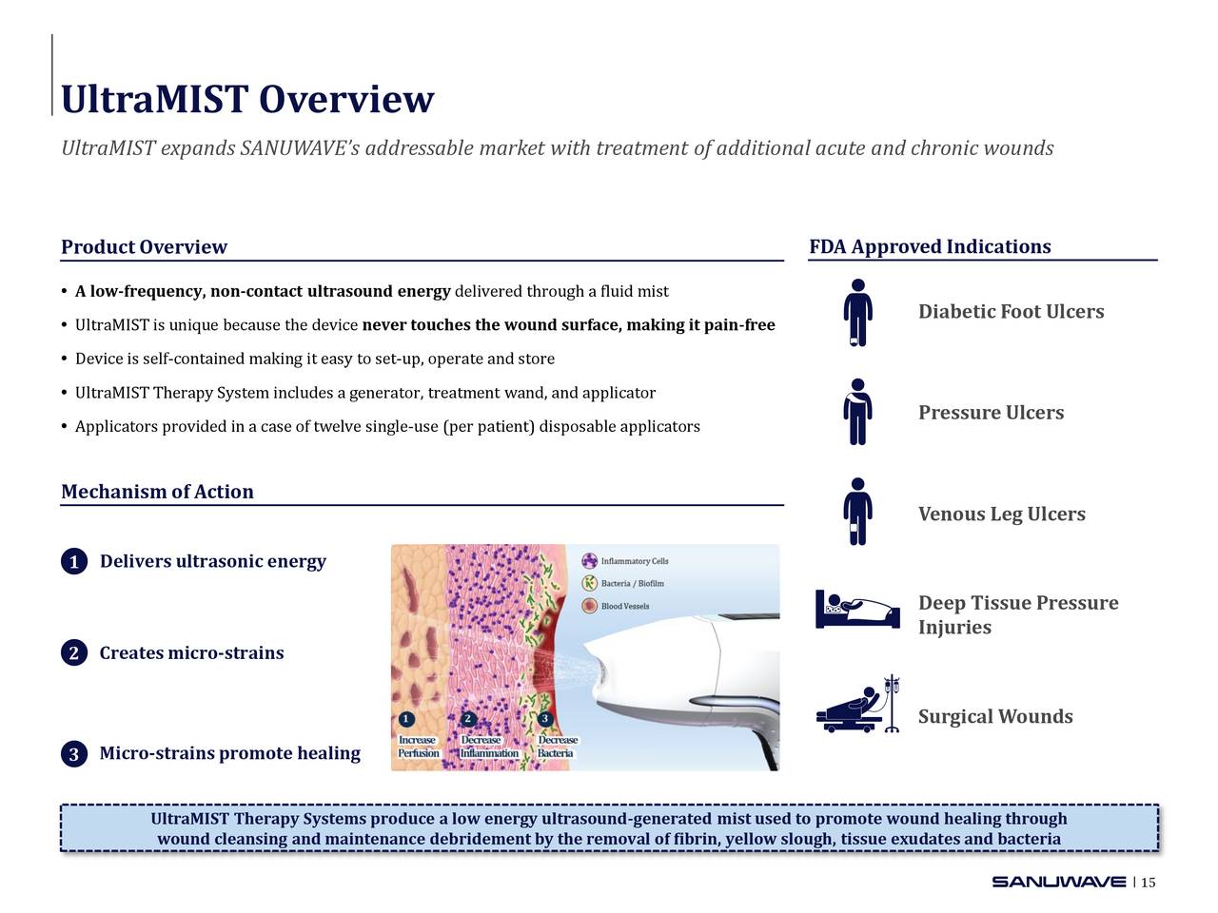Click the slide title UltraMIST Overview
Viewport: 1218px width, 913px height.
(247, 100)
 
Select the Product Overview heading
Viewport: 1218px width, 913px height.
(144, 247)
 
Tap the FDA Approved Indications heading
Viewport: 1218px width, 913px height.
(930, 247)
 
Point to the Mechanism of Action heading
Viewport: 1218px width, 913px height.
(157, 492)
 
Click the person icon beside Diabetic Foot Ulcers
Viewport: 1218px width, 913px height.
(857, 312)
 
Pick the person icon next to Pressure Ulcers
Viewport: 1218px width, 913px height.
(857, 412)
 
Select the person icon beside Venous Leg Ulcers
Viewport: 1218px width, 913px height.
(857, 512)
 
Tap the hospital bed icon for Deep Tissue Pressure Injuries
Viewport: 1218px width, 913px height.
(857, 610)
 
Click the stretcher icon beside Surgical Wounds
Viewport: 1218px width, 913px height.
(857, 707)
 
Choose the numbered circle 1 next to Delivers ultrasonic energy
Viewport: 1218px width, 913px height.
(73, 562)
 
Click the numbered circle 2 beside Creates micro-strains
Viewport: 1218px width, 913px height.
(73, 653)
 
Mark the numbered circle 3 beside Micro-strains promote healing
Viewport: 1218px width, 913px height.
(73, 754)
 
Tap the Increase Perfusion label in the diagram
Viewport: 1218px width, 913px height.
(417, 747)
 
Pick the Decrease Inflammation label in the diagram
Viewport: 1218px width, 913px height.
(488, 747)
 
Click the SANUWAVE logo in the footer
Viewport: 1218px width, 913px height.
(1058, 882)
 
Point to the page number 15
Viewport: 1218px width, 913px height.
(1149, 883)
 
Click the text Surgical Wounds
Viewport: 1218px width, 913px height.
(995, 717)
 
